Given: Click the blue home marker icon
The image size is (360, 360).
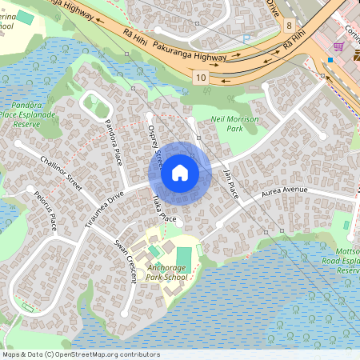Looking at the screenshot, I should (180, 171).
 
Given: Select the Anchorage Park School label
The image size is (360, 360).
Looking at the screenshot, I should (167, 273).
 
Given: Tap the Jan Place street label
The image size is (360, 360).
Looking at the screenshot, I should (230, 182).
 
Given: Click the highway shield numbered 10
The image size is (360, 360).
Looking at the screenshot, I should (200, 77).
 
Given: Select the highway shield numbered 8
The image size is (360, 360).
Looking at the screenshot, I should (287, 26).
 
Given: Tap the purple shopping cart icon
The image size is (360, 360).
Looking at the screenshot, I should (338, 46).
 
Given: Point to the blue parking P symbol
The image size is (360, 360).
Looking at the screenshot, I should (246, 38).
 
